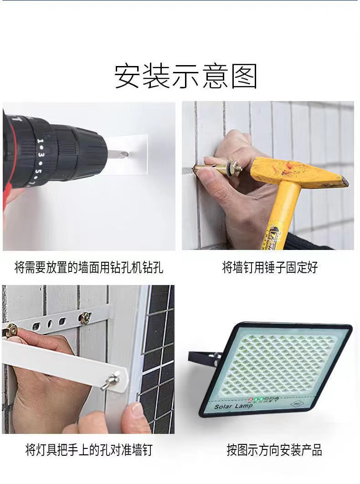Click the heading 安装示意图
point(185,76)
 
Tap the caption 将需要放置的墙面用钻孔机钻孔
point(89,267)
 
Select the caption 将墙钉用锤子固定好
point(270,267)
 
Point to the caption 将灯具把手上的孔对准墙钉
point(89,450)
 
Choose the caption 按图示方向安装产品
point(274,450)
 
